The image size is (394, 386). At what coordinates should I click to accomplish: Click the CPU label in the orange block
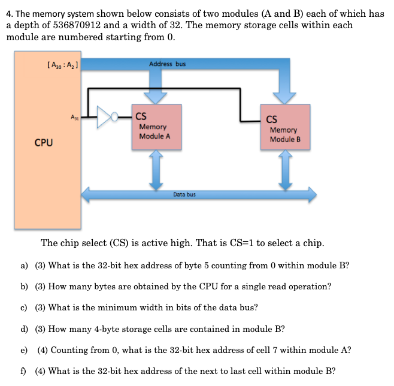click(43, 143)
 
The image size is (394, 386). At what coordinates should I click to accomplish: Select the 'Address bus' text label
click(167, 64)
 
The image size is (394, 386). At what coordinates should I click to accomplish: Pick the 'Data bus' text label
click(184, 195)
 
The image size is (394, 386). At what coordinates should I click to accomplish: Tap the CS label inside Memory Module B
click(271, 119)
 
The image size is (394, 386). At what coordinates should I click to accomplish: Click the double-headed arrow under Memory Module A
click(156, 168)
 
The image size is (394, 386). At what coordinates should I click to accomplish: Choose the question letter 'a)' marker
click(25, 265)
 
